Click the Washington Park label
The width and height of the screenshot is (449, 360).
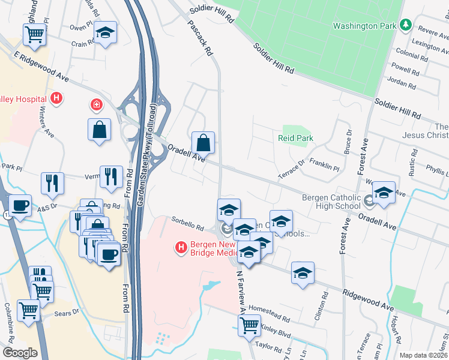[x=365, y=26]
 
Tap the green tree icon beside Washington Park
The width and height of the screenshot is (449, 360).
[x=406, y=25]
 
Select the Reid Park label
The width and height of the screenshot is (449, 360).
[x=296, y=138]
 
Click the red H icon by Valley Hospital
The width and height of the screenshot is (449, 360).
[x=56, y=98]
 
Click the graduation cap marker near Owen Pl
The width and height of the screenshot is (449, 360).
[x=106, y=33]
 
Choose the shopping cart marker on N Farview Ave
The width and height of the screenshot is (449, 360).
[x=250, y=326]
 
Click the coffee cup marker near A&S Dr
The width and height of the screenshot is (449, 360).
[x=20, y=205]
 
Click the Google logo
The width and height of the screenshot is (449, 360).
[x=20, y=353]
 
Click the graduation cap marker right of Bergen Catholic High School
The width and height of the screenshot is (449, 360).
[x=384, y=193]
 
